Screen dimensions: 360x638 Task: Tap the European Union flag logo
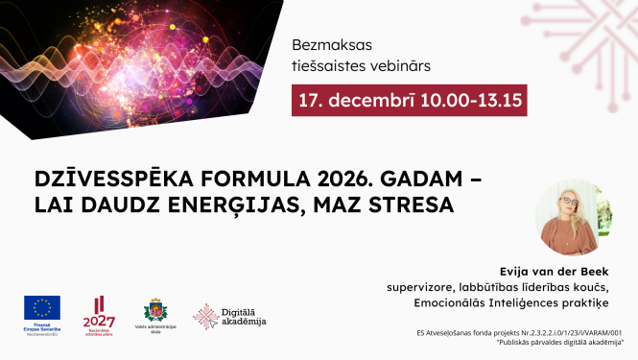click(x=42, y=307)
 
